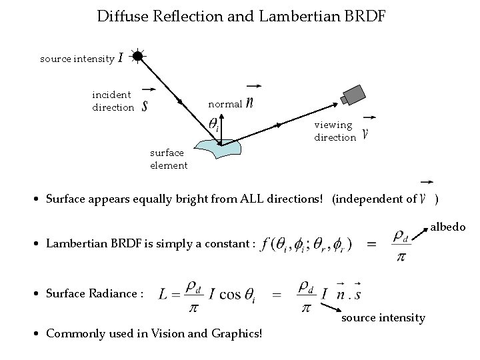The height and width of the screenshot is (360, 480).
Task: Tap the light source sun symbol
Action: coord(137,57)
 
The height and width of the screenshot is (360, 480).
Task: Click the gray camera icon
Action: coord(353,95)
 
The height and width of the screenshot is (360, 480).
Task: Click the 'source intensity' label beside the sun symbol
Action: coord(77,59)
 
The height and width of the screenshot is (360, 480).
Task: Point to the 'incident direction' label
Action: coord(113,101)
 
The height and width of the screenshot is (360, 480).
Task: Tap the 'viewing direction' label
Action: coord(335,131)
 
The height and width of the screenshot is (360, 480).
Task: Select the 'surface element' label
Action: coord(169,159)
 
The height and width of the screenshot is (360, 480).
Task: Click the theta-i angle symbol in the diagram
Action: coord(214,124)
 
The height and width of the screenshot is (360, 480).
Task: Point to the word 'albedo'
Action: coord(448,227)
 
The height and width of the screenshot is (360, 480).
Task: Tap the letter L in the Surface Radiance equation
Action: coord(163,295)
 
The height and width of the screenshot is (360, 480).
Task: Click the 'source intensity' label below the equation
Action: coord(383,318)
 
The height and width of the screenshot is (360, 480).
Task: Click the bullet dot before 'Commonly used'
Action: coord(37,333)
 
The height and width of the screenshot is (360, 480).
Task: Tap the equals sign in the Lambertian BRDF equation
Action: coord(371,244)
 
